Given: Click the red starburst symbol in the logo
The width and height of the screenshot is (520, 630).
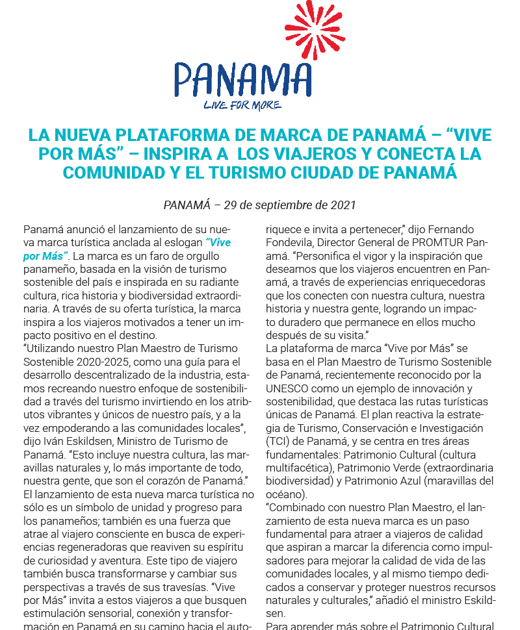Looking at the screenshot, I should (x=315, y=30).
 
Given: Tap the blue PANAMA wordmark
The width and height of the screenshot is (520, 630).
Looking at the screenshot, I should (x=242, y=79).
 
